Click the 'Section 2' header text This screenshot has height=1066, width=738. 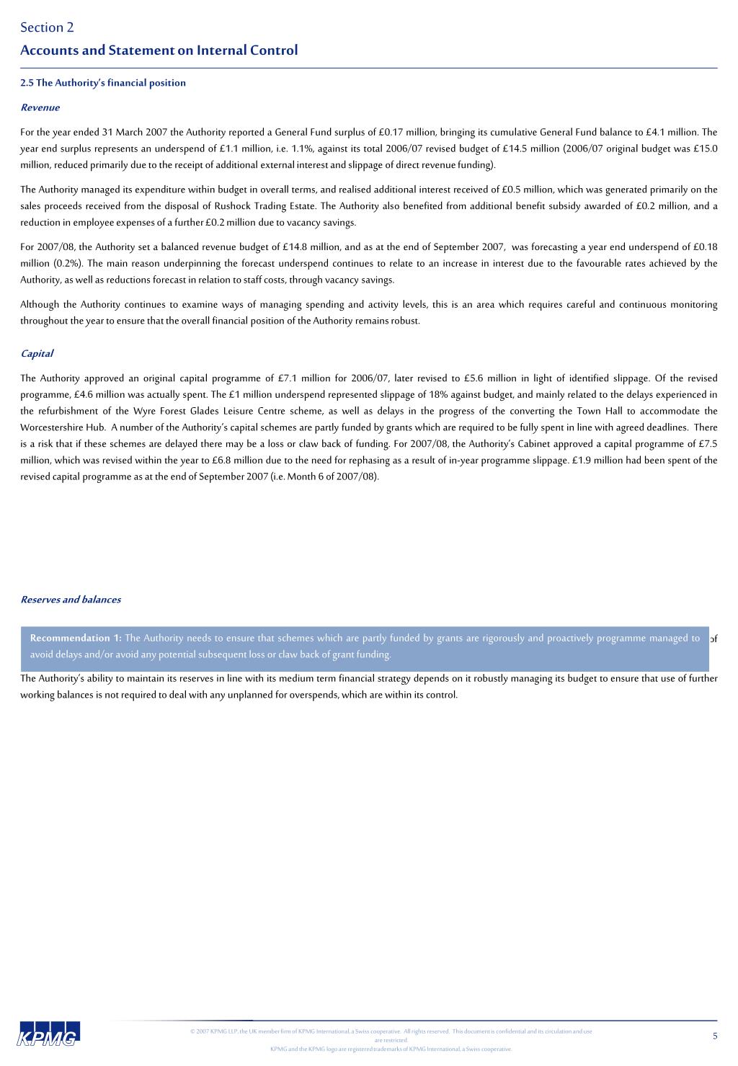[x=47, y=27]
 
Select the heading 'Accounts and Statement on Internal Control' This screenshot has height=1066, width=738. [x=159, y=50]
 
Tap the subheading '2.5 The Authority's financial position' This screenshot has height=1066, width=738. [x=103, y=83]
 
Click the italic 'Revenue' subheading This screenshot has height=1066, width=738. [x=40, y=108]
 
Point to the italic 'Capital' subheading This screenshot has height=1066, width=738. [x=37, y=354]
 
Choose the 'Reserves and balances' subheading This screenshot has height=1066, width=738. [x=71, y=600]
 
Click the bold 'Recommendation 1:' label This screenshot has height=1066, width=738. [x=76, y=639]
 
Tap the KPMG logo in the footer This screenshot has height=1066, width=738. [x=50, y=1033]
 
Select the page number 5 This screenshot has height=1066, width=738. [x=715, y=1036]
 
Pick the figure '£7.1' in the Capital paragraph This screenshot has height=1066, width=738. [x=288, y=378]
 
